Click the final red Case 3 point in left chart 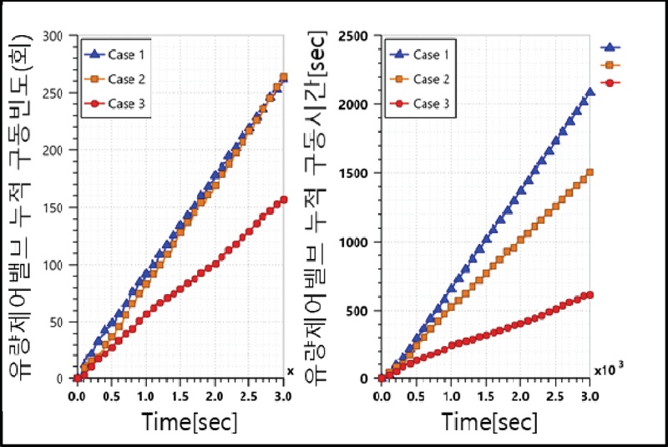click(x=284, y=200)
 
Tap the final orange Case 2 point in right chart click(x=590, y=173)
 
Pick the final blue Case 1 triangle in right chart click(x=590, y=92)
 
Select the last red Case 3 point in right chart click(x=590, y=294)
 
